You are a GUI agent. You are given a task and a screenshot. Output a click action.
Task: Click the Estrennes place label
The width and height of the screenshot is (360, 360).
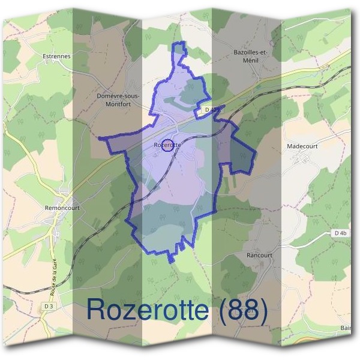coord(57,56)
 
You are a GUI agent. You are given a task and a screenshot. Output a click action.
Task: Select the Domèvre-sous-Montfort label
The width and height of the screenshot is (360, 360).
coord(118,100)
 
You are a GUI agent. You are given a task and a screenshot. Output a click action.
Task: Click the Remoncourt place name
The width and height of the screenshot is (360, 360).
coord(62,208)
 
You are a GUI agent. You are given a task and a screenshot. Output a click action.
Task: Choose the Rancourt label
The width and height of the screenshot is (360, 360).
coord(259,255)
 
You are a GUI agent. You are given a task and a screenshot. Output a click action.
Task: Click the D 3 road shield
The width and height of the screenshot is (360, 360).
coord(49,307)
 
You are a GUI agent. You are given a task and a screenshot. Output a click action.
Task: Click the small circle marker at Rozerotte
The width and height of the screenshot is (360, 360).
coord(169,145)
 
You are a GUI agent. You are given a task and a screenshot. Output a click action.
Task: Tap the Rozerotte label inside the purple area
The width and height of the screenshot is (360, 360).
coord(167,145)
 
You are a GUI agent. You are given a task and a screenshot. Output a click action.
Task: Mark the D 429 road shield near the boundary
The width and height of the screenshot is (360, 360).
coord(210,110)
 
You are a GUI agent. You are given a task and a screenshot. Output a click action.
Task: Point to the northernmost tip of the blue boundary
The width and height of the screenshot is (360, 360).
coord(178,43)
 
